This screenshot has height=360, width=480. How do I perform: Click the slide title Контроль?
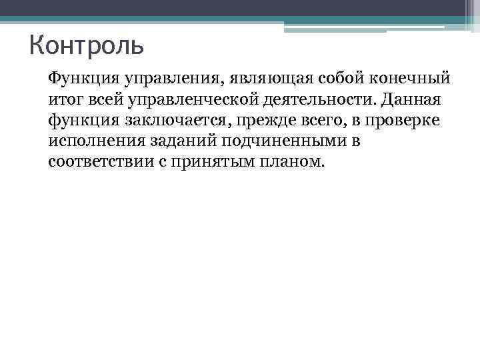[87, 47]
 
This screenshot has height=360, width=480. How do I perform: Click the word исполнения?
[91, 141]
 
